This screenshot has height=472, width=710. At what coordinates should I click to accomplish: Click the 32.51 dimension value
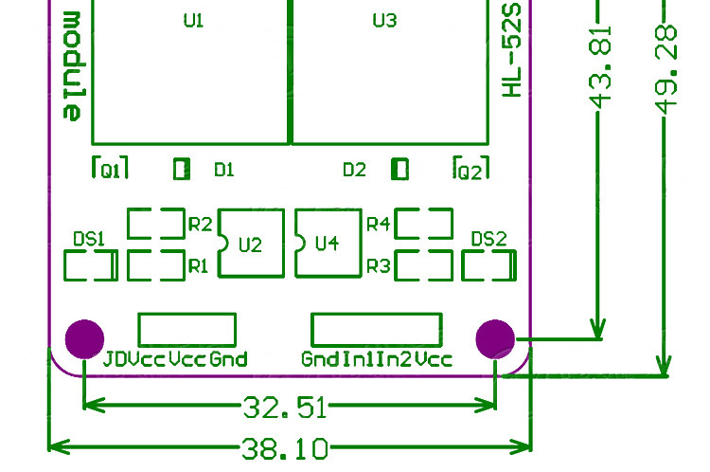click(x=285, y=408)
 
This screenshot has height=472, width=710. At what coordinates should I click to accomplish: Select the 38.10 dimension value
click(x=285, y=449)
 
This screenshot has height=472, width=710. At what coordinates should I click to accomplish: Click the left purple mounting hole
click(x=84, y=339)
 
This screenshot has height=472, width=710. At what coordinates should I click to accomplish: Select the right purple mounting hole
click(x=495, y=339)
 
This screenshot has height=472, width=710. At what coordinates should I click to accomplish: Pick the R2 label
click(x=200, y=224)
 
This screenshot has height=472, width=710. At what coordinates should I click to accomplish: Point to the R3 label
click(x=378, y=266)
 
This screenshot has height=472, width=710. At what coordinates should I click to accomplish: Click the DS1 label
click(x=89, y=239)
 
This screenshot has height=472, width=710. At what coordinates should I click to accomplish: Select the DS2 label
click(x=489, y=239)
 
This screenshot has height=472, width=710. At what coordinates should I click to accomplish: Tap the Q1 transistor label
click(x=111, y=171)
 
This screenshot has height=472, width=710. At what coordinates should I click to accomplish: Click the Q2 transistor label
click(x=470, y=172)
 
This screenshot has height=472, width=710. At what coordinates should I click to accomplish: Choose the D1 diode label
click(x=224, y=170)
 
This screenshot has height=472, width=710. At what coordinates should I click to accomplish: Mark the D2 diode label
click(x=355, y=170)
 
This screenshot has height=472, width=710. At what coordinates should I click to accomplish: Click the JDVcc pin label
click(x=134, y=359)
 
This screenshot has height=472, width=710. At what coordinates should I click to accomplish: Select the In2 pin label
click(x=394, y=359)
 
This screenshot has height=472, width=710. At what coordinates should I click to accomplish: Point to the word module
click(x=72, y=66)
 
